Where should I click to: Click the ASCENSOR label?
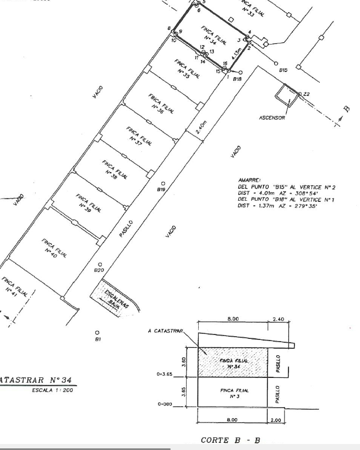pyautogui.click(x=272, y=118)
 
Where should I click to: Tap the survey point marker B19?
pyautogui.click(x=162, y=183)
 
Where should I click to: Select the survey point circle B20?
pyautogui.click(x=100, y=264)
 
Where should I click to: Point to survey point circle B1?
pyautogui.click(x=97, y=333)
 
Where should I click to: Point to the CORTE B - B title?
pyautogui.click(x=231, y=440)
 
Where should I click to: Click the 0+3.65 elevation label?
pyautogui.click(x=165, y=374)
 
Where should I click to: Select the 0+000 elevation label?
pyautogui.click(x=165, y=404)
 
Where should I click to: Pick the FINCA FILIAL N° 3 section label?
pyautogui.click(x=234, y=393)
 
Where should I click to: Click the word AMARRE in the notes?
pyautogui.click(x=249, y=180)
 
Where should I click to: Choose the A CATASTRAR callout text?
pyautogui.click(x=166, y=331)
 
